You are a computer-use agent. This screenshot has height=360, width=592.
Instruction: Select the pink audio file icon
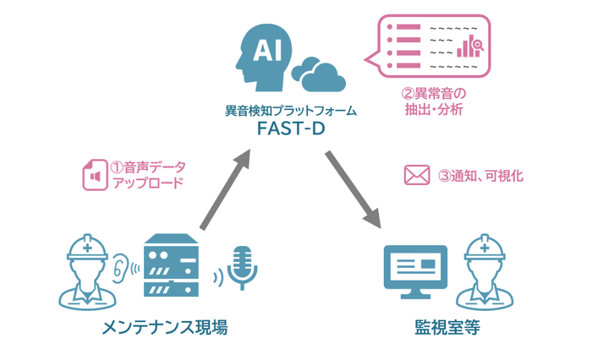[92, 175]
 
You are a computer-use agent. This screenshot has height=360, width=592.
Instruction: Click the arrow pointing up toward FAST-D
[224, 190]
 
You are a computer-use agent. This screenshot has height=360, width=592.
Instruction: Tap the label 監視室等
[447, 329]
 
